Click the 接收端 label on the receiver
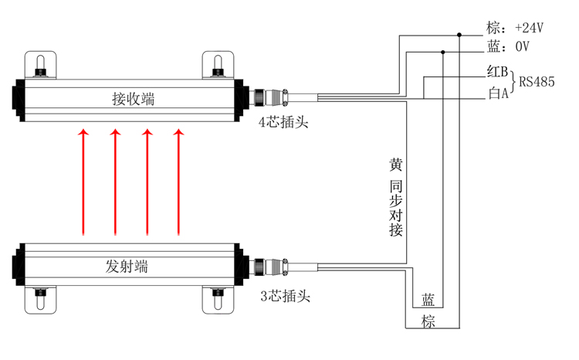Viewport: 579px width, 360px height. tap(134, 99)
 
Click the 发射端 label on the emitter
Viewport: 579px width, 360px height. tap(127, 266)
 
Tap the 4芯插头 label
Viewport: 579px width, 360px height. tap(283, 121)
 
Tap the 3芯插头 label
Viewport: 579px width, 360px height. tap(285, 296)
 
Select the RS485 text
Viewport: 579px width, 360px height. tap(537, 82)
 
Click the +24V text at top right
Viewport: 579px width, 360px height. tap(529, 28)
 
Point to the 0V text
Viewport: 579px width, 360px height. tap(522, 46)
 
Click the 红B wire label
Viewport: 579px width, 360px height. tap(497, 71)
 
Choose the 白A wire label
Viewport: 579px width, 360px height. tap(498, 93)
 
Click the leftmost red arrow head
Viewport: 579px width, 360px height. tap(83, 132)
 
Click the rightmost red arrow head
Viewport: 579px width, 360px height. tap(179, 132)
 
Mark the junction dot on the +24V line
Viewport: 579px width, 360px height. tap(459, 35)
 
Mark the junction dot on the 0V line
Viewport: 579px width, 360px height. tap(443, 52)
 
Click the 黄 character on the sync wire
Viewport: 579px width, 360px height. tap(395, 165)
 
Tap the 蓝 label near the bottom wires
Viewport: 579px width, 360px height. tap(428, 300)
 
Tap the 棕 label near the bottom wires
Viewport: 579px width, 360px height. tap(428, 321)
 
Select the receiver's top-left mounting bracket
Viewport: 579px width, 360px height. tap(41, 65)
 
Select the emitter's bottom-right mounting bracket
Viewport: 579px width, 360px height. tap(218, 300)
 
